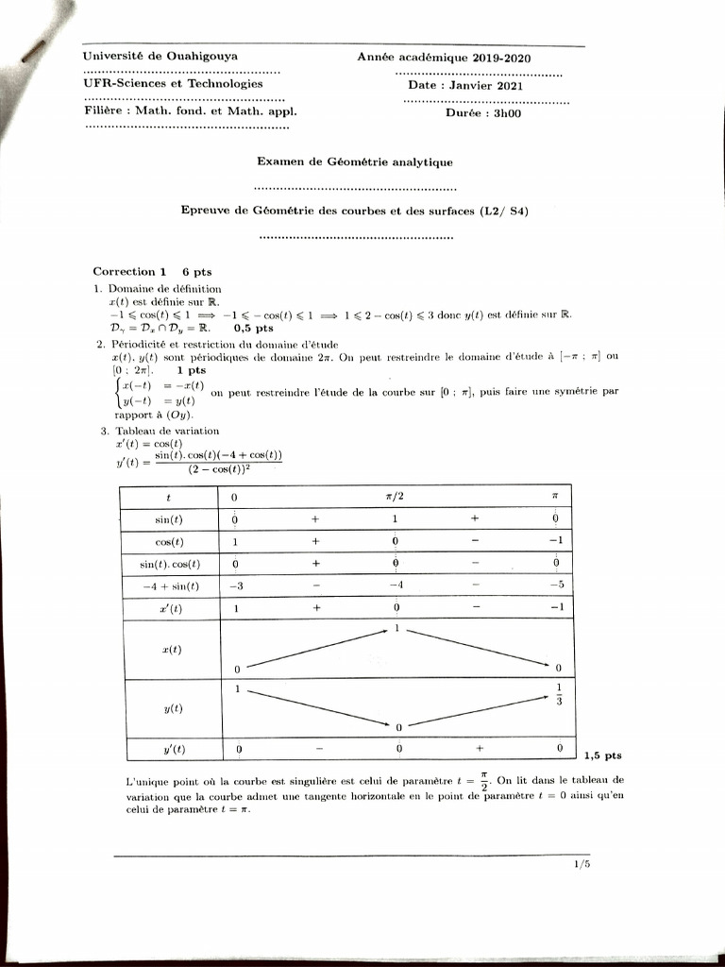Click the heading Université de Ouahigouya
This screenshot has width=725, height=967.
(160, 56)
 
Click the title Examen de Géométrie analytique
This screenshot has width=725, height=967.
(355, 162)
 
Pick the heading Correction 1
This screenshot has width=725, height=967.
(130, 271)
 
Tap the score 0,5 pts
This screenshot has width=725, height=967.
(252, 329)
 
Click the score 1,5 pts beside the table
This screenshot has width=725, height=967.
(602, 755)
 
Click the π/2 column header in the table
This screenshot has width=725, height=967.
(396, 497)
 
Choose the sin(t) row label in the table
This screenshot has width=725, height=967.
(170, 519)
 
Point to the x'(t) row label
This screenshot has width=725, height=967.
(170, 609)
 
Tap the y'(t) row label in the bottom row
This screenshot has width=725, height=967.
(170, 750)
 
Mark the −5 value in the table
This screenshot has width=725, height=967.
(557, 586)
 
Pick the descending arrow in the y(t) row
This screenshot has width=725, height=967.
(318, 706)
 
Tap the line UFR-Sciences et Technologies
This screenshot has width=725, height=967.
(173, 83)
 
